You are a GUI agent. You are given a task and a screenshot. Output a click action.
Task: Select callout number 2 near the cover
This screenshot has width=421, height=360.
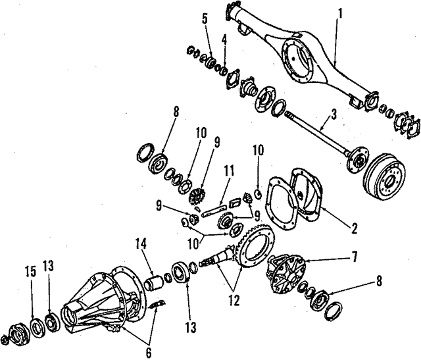click(x=353, y=229)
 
